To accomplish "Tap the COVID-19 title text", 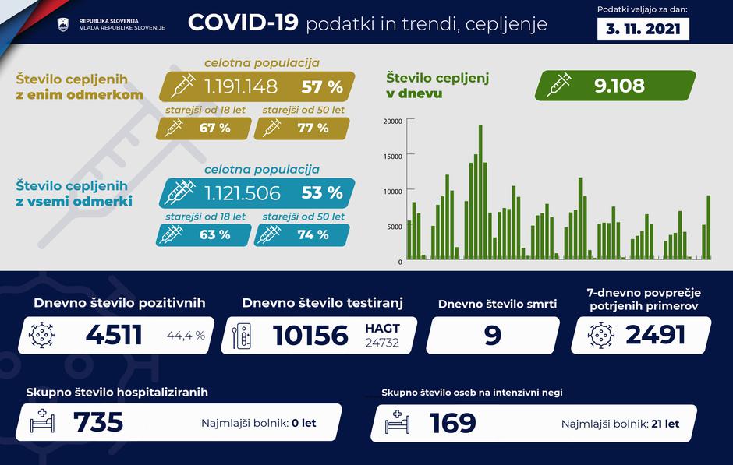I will pos(243,23).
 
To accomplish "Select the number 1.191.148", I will pos(243,86).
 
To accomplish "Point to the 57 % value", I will pos(322,86).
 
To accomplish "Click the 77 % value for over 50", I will pos(312,128).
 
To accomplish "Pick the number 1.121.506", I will pos(243,192).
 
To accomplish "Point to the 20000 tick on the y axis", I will pos(392,121).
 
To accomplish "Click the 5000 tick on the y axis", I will pos(395,227).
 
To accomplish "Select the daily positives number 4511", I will pos(113,335).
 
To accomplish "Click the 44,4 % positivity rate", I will pos(186,336).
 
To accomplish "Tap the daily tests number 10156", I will pos(310,335).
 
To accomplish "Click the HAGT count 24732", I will pos(382,343).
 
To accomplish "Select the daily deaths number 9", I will pos(493,335).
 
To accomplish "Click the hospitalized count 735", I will pos(98,422).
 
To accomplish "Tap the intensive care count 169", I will pos(453,423).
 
